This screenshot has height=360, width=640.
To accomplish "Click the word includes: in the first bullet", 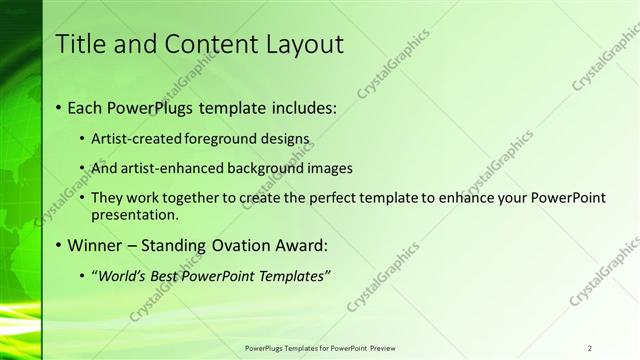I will tap(297, 106).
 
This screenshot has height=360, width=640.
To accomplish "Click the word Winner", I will tap(98, 245).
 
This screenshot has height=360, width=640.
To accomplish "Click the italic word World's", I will tap(122, 276).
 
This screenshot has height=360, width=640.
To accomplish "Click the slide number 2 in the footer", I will tap(590, 348).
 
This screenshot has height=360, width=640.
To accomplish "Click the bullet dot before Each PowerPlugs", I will tap(59, 107).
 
